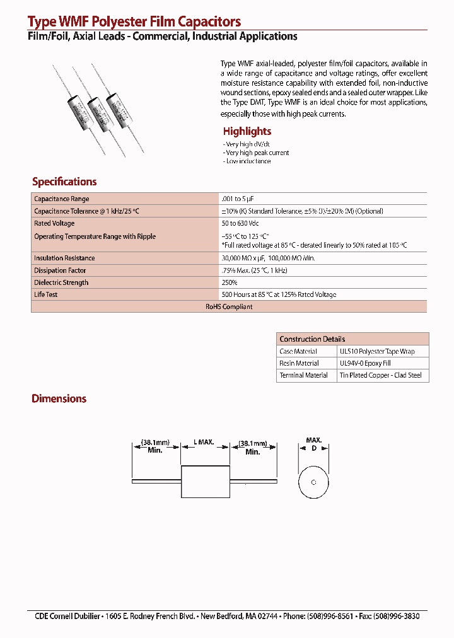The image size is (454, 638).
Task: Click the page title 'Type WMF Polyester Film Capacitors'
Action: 134,23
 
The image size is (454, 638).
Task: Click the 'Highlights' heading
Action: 247,131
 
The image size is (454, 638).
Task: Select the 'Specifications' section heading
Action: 64,182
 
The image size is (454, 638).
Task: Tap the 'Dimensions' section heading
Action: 59,398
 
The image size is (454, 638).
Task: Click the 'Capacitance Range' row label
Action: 62,199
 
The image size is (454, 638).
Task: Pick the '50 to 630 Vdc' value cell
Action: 240,224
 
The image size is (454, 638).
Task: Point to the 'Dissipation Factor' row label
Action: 60,270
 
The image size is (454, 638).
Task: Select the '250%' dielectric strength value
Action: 230,283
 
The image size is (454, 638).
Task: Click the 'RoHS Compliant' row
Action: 229,307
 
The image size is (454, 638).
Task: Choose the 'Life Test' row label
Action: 46,295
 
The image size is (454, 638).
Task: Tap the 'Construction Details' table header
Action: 312,339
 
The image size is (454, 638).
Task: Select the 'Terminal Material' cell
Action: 303,375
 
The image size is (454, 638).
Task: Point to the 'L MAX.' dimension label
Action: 206,443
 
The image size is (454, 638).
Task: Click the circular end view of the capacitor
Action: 314,482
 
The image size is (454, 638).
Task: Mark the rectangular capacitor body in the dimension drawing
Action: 205,482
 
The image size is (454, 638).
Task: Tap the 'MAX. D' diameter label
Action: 314,443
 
